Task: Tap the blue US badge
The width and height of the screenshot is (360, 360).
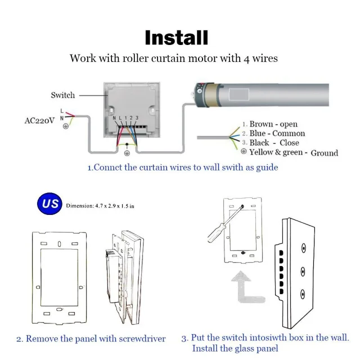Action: click(x=50, y=204)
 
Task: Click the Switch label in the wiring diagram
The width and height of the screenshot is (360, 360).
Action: click(x=62, y=95)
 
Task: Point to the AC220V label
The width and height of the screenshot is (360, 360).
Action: click(x=39, y=120)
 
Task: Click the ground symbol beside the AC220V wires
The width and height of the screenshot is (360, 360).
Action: click(x=66, y=126)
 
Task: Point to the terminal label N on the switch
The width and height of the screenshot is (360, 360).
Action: click(x=114, y=116)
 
